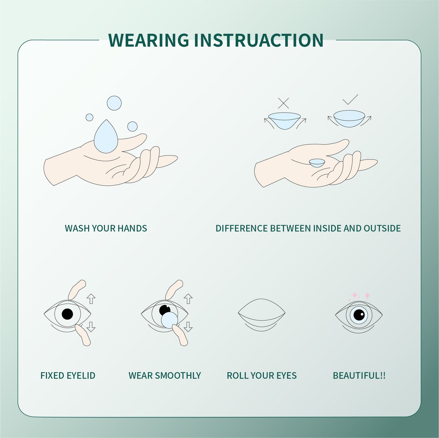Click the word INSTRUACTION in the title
(259, 40)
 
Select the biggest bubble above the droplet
(114, 103)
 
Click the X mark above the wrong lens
(283, 103)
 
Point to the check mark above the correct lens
(350, 100)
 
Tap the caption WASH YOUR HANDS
(106, 228)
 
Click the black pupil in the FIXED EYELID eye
(67, 314)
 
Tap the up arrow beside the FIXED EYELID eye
(91, 299)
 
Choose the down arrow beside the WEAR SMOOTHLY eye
(188, 327)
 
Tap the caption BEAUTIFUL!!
(359, 376)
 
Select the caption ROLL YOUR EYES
(262, 376)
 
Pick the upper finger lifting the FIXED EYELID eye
(77, 290)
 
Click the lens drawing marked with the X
(284, 120)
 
